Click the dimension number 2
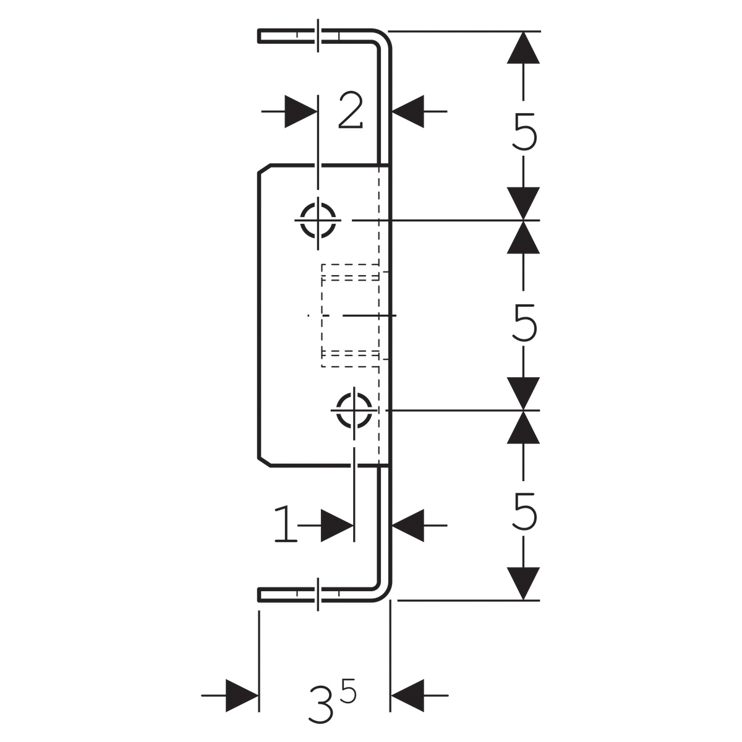point(351,111)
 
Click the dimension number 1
point(286,524)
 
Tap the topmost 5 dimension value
point(524,131)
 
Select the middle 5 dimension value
point(524,323)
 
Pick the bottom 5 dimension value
point(524,511)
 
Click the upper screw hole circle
point(318,220)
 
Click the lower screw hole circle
point(354,411)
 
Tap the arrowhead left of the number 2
point(301,111)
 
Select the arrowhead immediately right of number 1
point(338,525)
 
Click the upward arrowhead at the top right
point(523,48)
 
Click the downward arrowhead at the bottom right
point(523,583)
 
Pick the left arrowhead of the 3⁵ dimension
point(242,696)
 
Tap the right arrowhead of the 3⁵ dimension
point(407,696)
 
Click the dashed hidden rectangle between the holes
point(322,316)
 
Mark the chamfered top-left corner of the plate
point(264,169)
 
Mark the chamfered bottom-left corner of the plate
point(264,462)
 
